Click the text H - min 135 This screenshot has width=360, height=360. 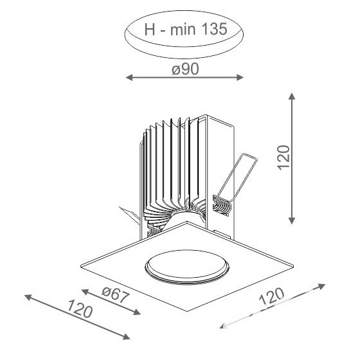tap(186, 29)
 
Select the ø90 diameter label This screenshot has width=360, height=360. tap(185, 69)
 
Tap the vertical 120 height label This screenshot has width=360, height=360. tap(283, 157)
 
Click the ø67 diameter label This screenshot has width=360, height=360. tap(114, 294)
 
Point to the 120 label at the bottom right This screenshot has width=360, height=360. tap(272, 297)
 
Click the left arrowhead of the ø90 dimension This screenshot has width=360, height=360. tap(129, 78)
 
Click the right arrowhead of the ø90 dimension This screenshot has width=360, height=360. tap(240, 78)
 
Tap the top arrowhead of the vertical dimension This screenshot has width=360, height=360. tap(292, 96)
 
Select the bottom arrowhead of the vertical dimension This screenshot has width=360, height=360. tap(292, 221)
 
